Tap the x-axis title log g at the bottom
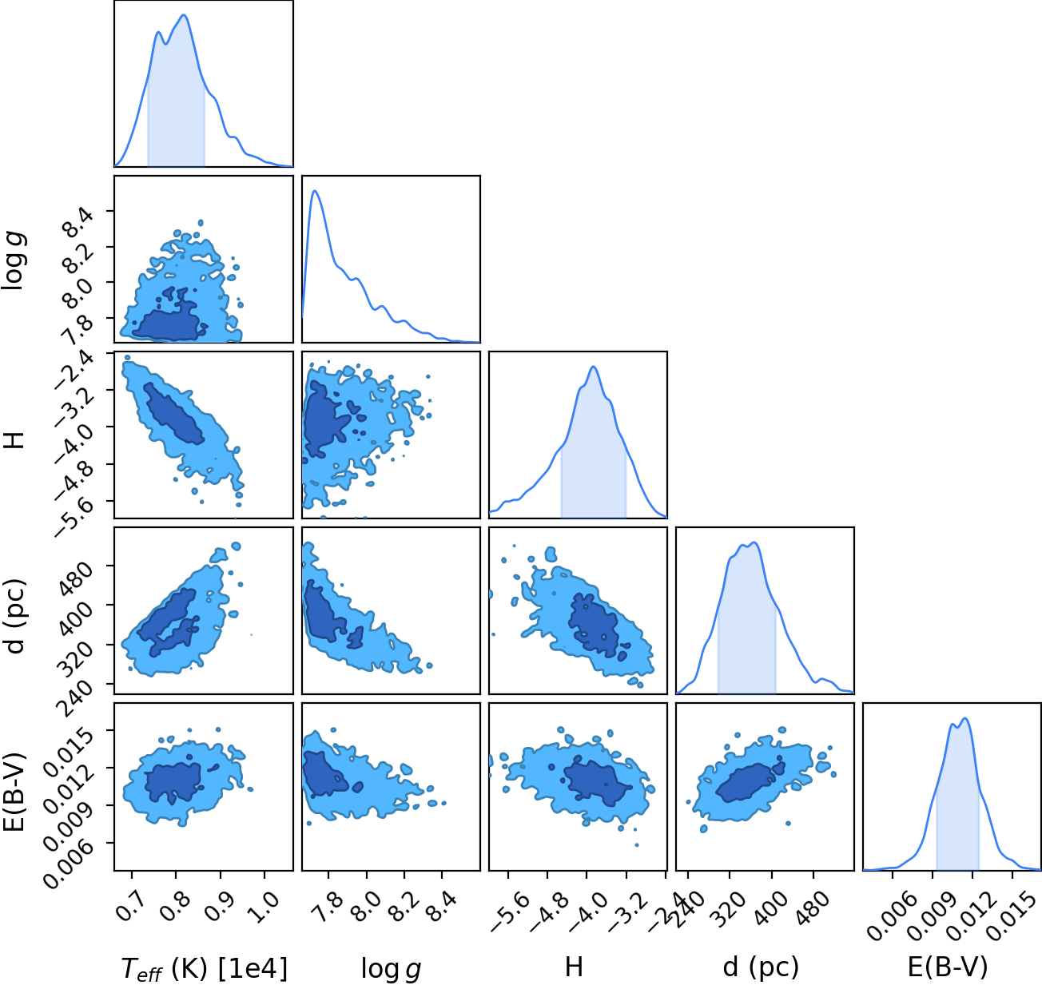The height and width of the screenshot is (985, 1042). [391, 969]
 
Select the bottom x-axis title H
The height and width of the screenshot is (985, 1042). [574, 967]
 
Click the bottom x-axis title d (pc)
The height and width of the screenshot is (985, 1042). [761, 968]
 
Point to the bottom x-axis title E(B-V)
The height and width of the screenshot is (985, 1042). [948, 967]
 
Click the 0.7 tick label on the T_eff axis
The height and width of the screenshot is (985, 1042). [130, 907]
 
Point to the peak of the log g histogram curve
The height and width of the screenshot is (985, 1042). [315, 191]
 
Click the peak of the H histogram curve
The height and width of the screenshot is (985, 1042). [594, 367]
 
